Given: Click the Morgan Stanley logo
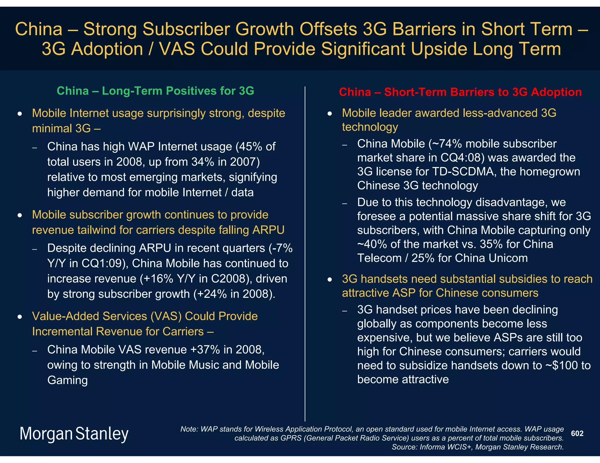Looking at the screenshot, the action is pos(74,434).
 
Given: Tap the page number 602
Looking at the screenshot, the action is pos(577,433).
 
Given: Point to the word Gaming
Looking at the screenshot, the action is pos(67,380).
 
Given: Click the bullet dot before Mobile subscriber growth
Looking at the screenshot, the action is pos(20,215).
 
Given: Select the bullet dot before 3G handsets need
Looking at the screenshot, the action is pos(330,280).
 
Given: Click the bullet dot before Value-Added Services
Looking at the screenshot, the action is pos(20,317).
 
